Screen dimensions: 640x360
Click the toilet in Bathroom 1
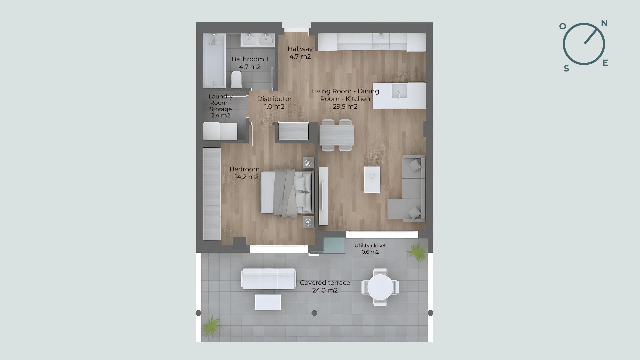tap(236, 79)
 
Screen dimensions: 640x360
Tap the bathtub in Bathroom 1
tap(214, 60)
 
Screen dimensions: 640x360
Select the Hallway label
tap(300, 49)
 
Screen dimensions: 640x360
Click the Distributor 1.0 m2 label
tap(274, 103)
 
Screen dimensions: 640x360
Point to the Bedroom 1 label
tap(247, 169)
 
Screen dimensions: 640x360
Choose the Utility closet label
tap(370, 245)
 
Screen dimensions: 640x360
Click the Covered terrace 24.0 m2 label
tap(325, 286)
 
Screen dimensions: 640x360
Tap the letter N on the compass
tap(604, 23)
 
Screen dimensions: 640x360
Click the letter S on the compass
tap(566, 69)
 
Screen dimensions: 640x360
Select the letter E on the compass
tap(605, 63)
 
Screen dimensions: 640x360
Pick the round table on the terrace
tap(380, 287)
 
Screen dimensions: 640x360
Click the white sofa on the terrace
tap(269, 279)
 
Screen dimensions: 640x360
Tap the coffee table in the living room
tap(372, 180)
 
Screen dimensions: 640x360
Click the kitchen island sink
tap(399, 91)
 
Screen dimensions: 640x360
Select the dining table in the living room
tap(337, 135)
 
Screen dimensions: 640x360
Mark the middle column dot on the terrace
tap(314, 313)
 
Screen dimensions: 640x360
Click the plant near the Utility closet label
tap(417, 251)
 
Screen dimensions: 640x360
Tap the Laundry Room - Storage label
tap(221, 106)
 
